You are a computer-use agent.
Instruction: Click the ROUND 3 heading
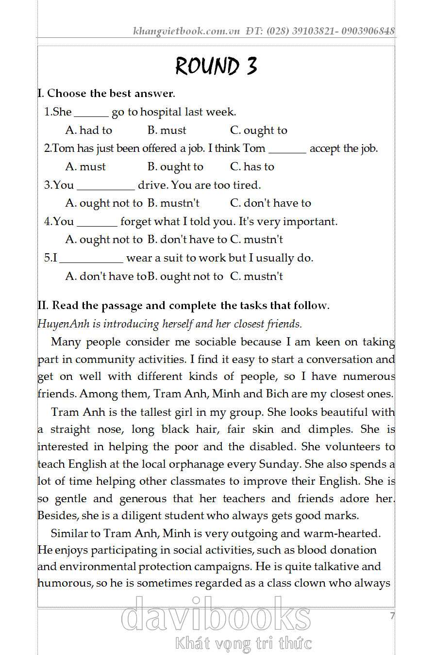coord(216,66)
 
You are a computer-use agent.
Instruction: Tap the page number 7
coord(392,616)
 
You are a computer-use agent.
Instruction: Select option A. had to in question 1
coord(89,131)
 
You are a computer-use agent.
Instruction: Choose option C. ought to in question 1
coord(259,131)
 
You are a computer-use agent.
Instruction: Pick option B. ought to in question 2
coord(175,167)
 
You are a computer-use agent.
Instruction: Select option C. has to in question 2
coord(252,167)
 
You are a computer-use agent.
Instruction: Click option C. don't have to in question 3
coord(270,203)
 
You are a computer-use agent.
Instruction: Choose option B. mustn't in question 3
coord(173,203)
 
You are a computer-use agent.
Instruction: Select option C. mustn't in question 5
coord(256,277)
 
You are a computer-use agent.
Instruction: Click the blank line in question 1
coord(91,115)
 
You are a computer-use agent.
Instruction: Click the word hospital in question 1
coord(161,113)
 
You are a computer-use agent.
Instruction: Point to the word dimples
coord(330,429)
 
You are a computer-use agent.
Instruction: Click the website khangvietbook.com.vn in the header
coord(186,32)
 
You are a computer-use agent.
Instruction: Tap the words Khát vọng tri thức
coord(243,643)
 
